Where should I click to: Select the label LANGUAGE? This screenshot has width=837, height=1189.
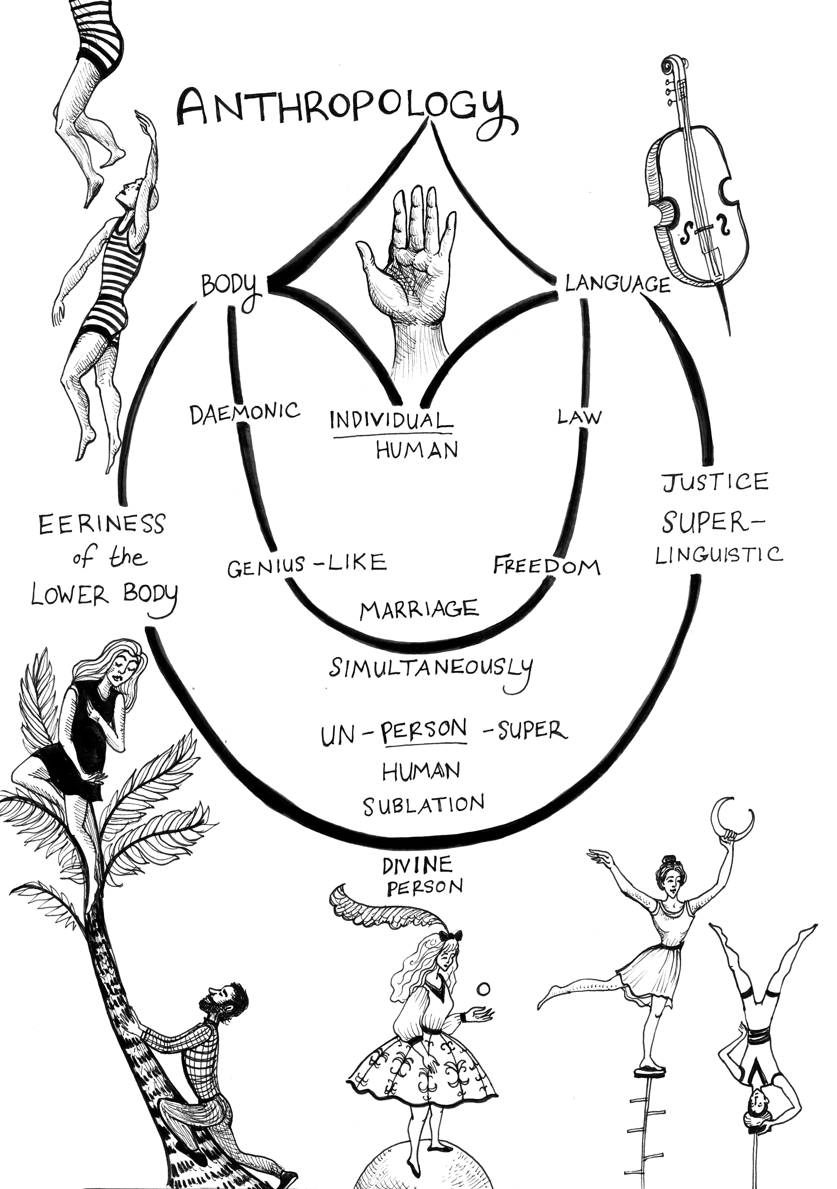pos(617,284)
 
